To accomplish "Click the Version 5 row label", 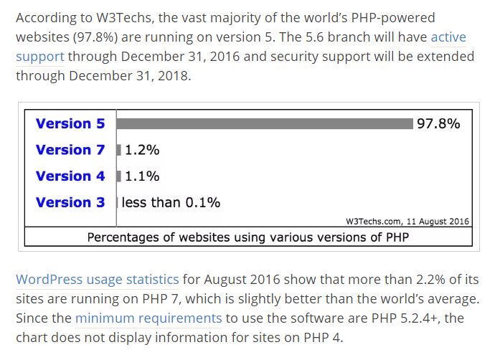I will point(70,123).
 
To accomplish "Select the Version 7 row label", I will point(70,150).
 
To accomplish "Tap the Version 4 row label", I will point(70,176).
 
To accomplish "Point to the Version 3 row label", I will point(70,202).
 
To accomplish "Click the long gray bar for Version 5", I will point(265,123).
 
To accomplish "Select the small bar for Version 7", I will point(119,150).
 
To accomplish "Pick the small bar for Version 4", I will point(119,176).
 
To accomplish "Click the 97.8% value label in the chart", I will point(438,123).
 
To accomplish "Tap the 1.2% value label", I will point(142,150).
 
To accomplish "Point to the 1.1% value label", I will point(142,176).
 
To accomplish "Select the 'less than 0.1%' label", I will point(171,202).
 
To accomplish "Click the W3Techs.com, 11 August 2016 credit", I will point(407,222).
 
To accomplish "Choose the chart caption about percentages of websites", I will point(247,237).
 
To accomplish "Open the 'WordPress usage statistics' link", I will point(97,279).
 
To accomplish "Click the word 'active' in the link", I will point(448,37).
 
